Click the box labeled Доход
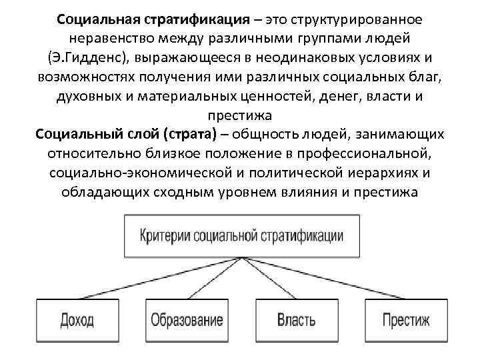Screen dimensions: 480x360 [x=77, y=320]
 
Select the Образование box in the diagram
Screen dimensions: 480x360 [x=187, y=320]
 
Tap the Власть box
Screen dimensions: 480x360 [x=295, y=320]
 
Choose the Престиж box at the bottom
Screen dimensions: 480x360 [x=406, y=320]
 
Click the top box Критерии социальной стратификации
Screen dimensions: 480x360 [x=242, y=236]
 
